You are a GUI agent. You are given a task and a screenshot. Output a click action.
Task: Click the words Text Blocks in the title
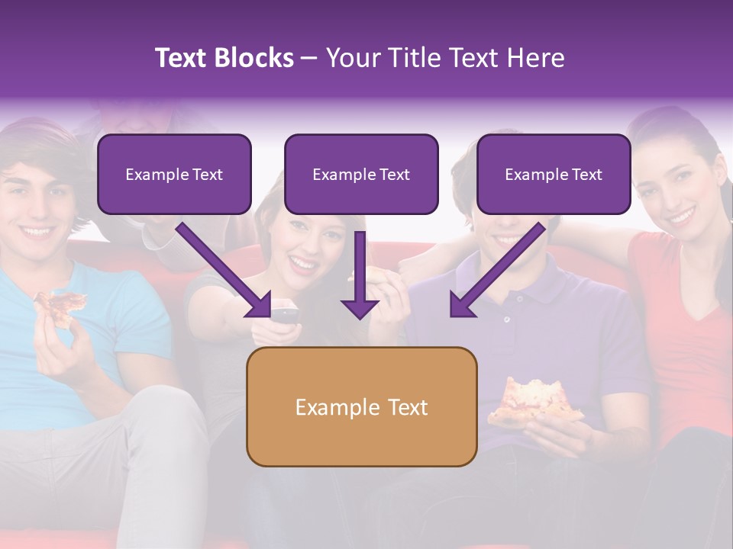point(224,58)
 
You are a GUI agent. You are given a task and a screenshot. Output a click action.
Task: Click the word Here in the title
point(534,58)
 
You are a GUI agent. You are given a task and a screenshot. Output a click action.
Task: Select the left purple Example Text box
point(174,174)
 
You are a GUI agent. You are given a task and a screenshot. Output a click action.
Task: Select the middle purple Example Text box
point(361,174)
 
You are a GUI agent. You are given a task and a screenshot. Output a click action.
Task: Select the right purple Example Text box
point(554,174)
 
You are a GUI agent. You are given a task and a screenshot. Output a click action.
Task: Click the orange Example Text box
point(361,406)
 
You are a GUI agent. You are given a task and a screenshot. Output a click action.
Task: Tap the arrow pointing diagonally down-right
point(225,271)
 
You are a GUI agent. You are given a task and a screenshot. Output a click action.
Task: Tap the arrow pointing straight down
point(360,278)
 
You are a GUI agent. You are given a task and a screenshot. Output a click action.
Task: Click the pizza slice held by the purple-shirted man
point(534,400)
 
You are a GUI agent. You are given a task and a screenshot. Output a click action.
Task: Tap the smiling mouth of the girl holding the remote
point(304,265)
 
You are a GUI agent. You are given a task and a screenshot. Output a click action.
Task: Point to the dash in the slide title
point(309,59)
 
